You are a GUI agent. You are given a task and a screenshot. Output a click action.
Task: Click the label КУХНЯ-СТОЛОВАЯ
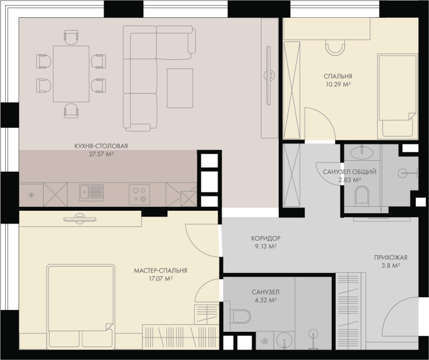101,146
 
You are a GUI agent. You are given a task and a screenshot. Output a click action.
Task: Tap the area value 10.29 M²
338,84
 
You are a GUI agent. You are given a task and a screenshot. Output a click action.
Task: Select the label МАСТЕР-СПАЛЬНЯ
160,271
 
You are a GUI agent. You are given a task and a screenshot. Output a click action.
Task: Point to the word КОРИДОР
265,238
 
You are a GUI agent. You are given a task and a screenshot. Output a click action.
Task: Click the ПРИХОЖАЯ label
390,257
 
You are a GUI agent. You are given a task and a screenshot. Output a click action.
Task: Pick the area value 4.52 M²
265,300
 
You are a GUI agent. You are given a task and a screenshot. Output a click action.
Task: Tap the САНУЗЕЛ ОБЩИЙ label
350,172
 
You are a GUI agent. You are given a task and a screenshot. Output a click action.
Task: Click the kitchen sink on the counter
92,192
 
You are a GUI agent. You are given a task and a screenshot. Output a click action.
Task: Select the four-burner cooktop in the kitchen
139,195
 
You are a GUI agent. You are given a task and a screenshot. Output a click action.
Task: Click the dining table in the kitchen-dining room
71,74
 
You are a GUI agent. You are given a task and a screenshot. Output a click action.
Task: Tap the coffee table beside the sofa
180,88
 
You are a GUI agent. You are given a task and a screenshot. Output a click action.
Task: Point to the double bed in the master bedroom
81,306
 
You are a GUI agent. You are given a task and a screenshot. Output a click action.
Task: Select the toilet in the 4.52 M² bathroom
241,316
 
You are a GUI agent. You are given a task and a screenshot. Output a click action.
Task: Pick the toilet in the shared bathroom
362,195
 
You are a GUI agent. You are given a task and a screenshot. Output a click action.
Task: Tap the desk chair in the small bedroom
335,47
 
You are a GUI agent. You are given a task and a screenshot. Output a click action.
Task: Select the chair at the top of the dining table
71,37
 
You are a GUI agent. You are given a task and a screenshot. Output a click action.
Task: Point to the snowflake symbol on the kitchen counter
32,195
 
